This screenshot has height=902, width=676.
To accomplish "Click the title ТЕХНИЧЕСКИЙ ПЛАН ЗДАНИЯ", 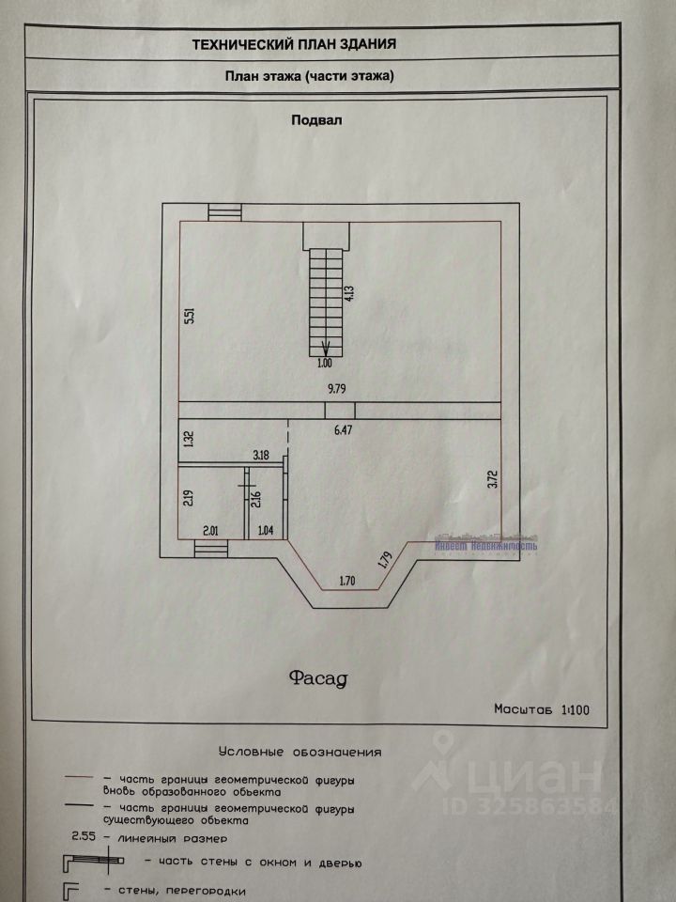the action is pyautogui.click(x=294, y=43).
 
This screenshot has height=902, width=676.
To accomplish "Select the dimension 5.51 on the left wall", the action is pyautogui.click(x=190, y=317).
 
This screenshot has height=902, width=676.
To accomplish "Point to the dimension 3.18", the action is pyautogui.click(x=260, y=456).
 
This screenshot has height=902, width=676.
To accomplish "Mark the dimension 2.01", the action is pyautogui.click(x=211, y=530).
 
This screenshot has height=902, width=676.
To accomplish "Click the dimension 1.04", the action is pyautogui.click(x=268, y=530).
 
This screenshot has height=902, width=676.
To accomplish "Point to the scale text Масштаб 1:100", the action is pyautogui.click(x=542, y=710).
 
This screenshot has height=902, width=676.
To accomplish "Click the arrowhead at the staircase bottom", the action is pyautogui.click(x=325, y=348).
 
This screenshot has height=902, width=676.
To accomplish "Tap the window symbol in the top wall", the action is pyautogui.click(x=223, y=212).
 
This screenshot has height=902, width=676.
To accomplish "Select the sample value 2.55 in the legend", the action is pyautogui.click(x=84, y=833).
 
